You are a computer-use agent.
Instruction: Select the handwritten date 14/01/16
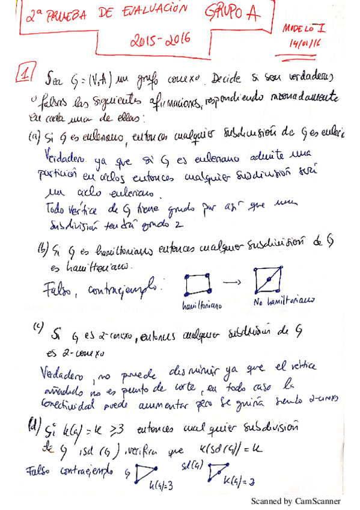pyautogui.click(x=305, y=44)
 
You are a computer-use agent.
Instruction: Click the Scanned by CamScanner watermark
pyautogui.click(x=295, y=500)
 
